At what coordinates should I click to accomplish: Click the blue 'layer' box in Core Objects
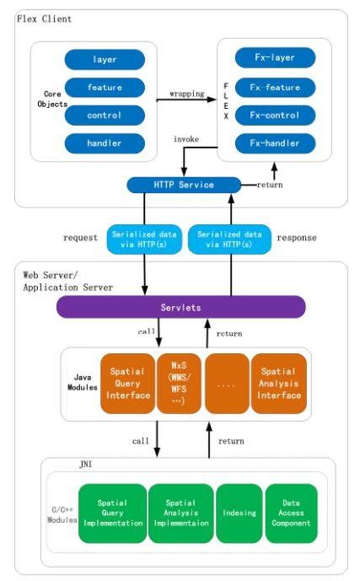pos(105,60)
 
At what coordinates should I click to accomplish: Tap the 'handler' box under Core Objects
pos(105,143)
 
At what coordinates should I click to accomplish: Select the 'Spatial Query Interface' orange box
pos(127,383)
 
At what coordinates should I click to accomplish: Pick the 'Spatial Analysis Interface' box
pos(281,383)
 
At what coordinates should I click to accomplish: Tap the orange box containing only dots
pos(226,383)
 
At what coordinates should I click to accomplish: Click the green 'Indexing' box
pos(239,512)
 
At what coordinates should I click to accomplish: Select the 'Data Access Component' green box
pos(291,512)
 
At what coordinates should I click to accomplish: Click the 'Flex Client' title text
pos(44,19)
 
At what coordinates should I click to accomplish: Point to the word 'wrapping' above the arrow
pos(186,94)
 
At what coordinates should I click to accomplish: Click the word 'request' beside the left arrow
pos(81,238)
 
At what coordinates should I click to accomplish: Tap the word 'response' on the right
pos(297,238)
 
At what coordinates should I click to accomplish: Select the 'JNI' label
pos(87,465)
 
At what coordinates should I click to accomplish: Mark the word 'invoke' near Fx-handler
pos(186,138)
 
